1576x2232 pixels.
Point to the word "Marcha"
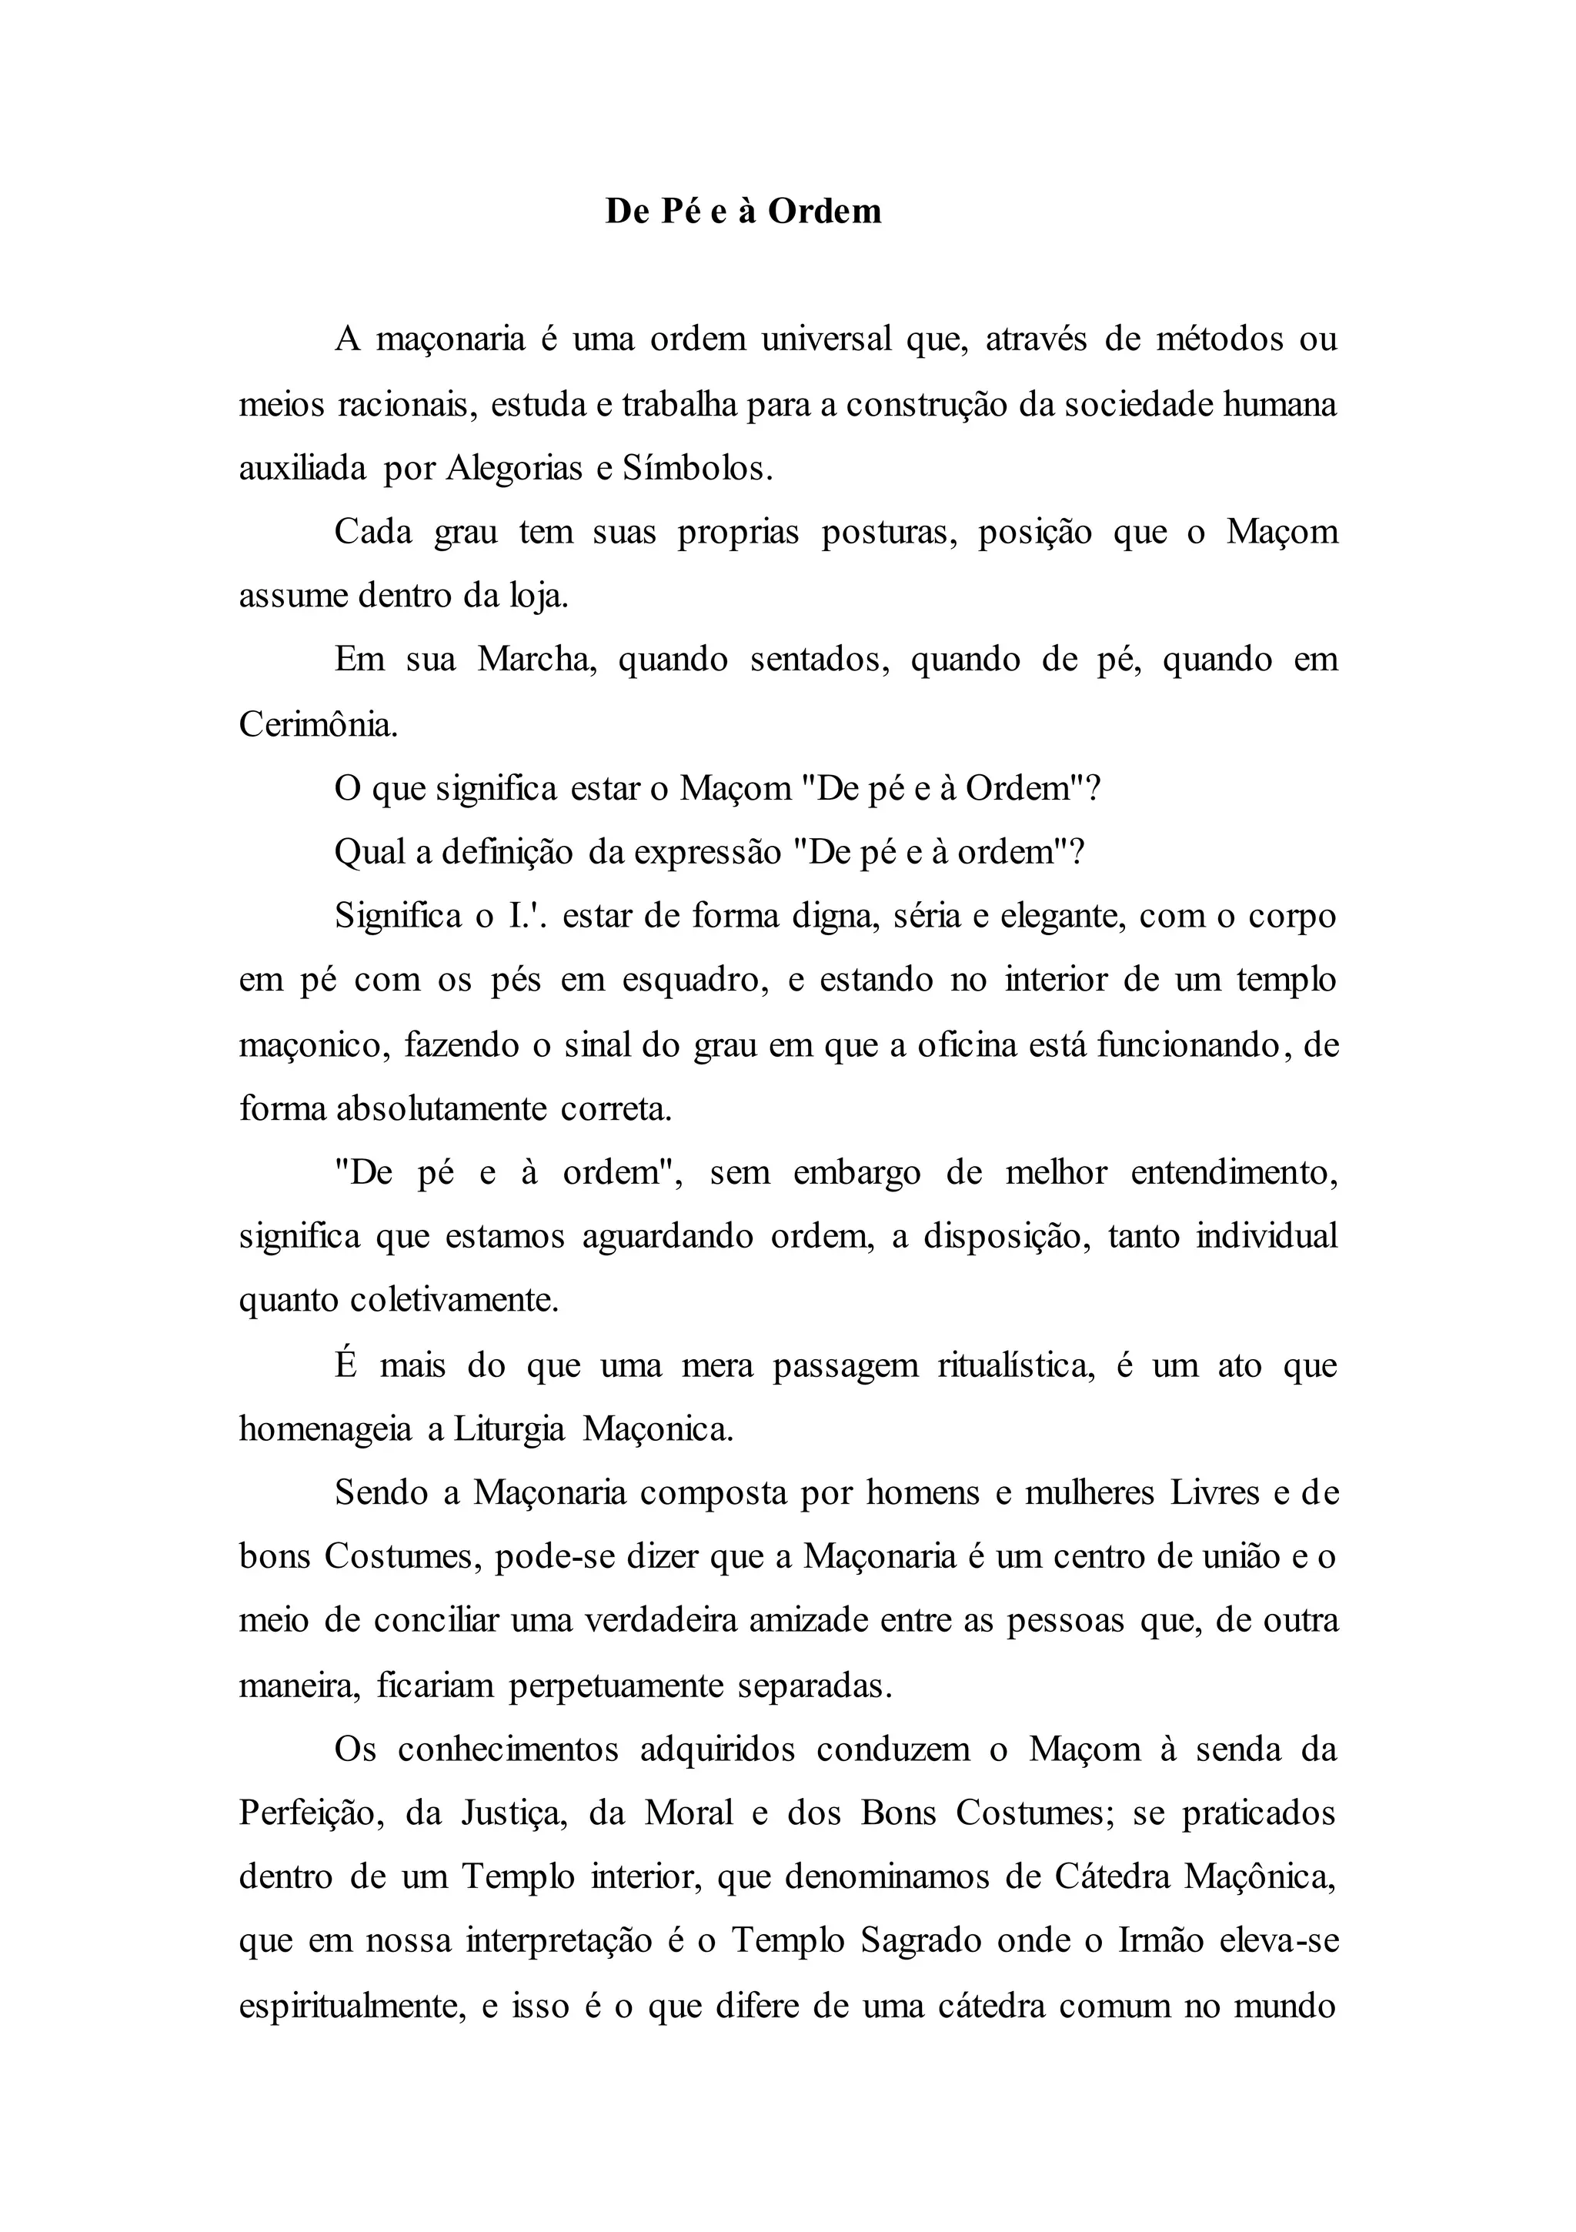(x=536, y=660)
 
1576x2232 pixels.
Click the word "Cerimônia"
(x=318, y=724)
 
